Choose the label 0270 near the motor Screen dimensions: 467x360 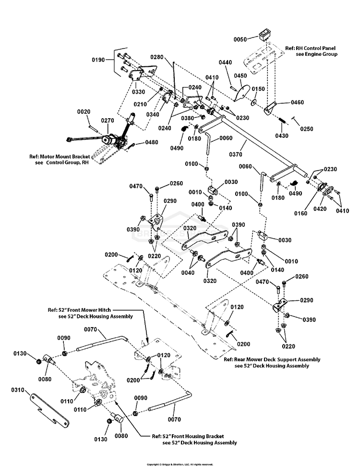108,121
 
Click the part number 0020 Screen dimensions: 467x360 84,111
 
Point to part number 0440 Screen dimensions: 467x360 226,63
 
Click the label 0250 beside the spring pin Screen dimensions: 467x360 307,129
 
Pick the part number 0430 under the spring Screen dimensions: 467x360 282,135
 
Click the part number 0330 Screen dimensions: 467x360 126,92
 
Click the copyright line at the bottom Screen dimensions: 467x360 180,464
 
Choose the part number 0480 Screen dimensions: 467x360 152,142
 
